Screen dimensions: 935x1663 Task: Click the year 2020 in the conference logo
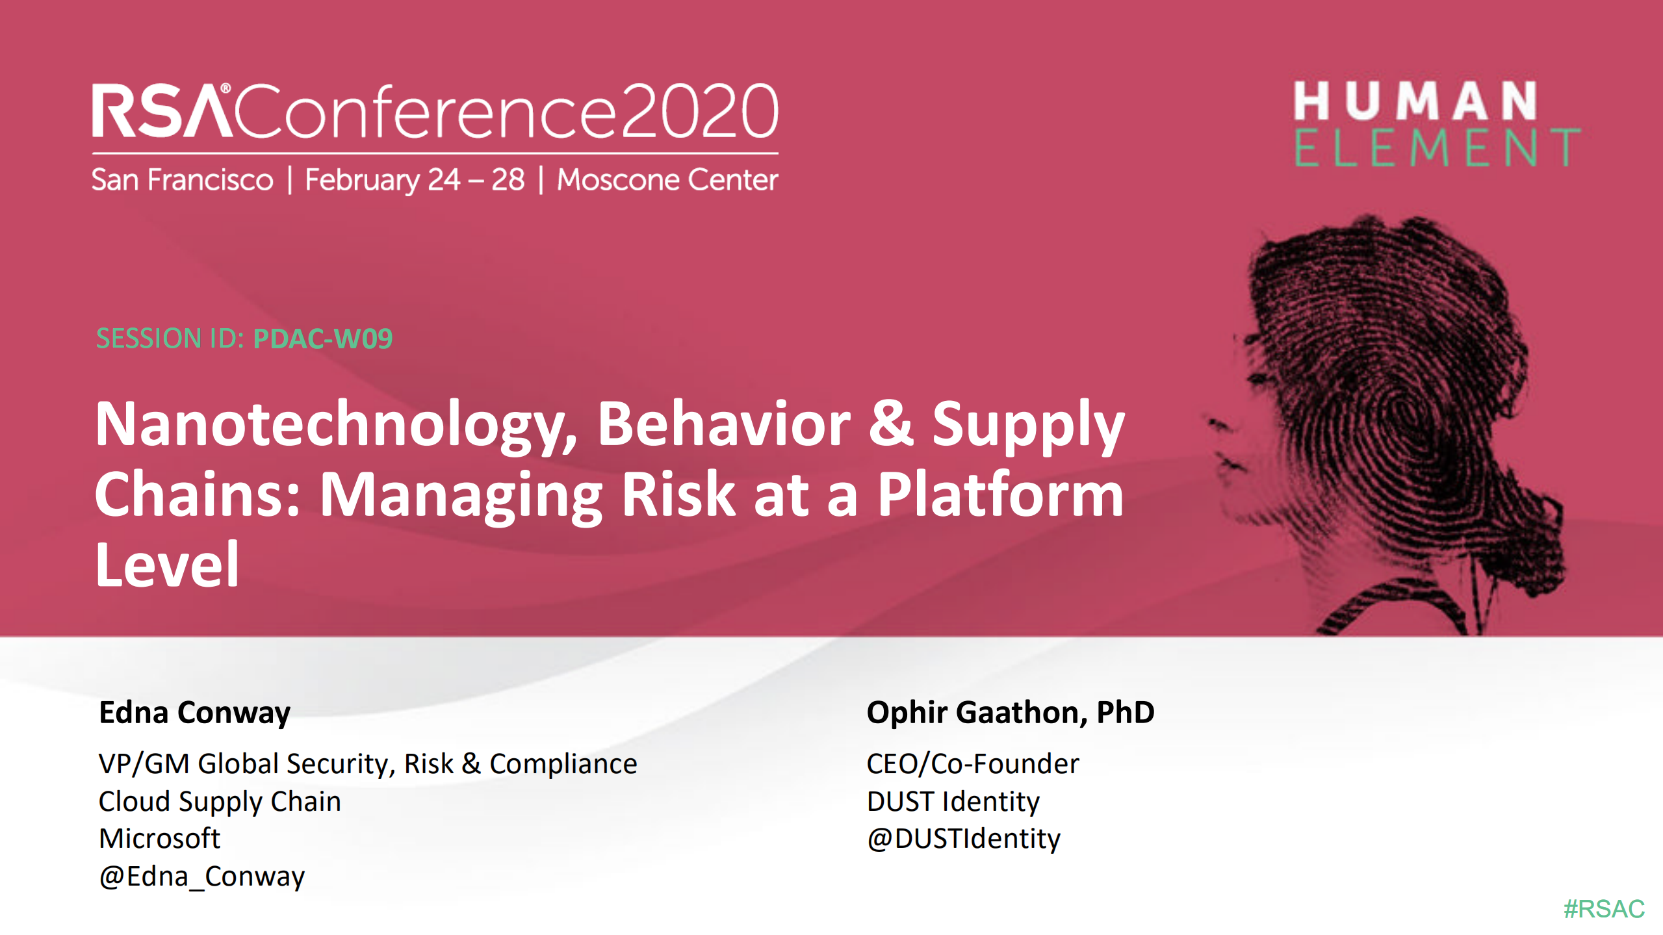click(699, 112)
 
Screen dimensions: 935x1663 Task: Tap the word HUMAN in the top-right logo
click(1415, 101)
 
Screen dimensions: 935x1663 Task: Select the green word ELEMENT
click(1437, 148)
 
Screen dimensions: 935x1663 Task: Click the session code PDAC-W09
click(323, 339)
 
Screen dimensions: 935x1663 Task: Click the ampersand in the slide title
click(891, 424)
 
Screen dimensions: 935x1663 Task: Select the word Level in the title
click(168, 565)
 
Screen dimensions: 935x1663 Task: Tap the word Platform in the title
click(1000, 495)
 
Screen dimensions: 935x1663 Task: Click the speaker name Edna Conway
click(194, 712)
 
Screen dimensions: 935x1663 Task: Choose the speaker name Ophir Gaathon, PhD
click(1010, 712)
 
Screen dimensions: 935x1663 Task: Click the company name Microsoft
click(160, 838)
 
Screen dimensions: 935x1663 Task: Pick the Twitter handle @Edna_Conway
click(202, 877)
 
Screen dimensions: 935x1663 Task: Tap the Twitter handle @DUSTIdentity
click(963, 838)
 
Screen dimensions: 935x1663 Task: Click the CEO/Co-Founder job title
click(972, 763)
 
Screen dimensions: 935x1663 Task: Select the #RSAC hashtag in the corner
click(1603, 908)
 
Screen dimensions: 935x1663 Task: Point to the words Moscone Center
click(667, 180)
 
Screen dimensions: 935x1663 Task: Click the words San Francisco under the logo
click(183, 180)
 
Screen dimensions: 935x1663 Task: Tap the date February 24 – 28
click(415, 180)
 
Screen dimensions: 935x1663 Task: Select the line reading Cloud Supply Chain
click(220, 801)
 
